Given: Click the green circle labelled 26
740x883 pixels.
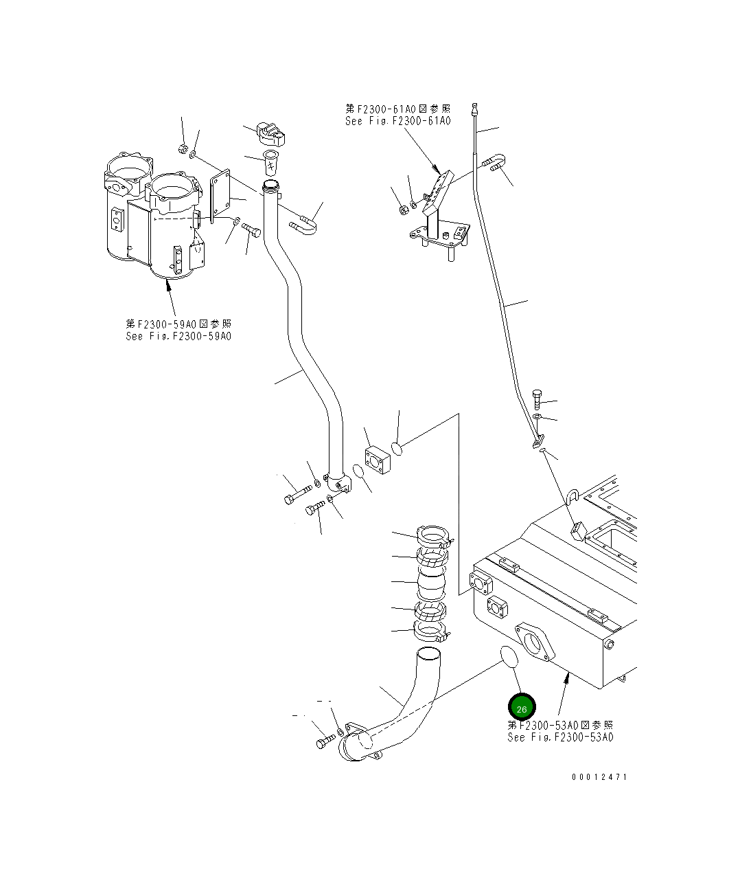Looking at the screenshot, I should [521, 708].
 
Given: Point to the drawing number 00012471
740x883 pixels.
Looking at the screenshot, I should [599, 777].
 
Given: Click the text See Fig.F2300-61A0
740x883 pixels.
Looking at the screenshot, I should [398, 121].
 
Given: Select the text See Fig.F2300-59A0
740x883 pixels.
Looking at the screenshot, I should [178, 336].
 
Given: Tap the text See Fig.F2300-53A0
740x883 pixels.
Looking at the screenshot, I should [560, 737].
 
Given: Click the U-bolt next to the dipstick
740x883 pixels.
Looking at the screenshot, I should [494, 163].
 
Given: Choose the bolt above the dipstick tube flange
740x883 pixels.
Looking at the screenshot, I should [537, 399].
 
